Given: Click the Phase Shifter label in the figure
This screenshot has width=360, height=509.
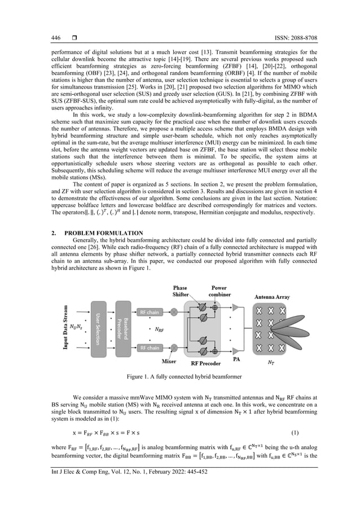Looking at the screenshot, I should (181, 291).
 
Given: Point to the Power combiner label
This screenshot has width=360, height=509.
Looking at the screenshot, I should (219, 291).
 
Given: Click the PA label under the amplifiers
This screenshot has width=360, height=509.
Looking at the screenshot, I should (236, 358).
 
